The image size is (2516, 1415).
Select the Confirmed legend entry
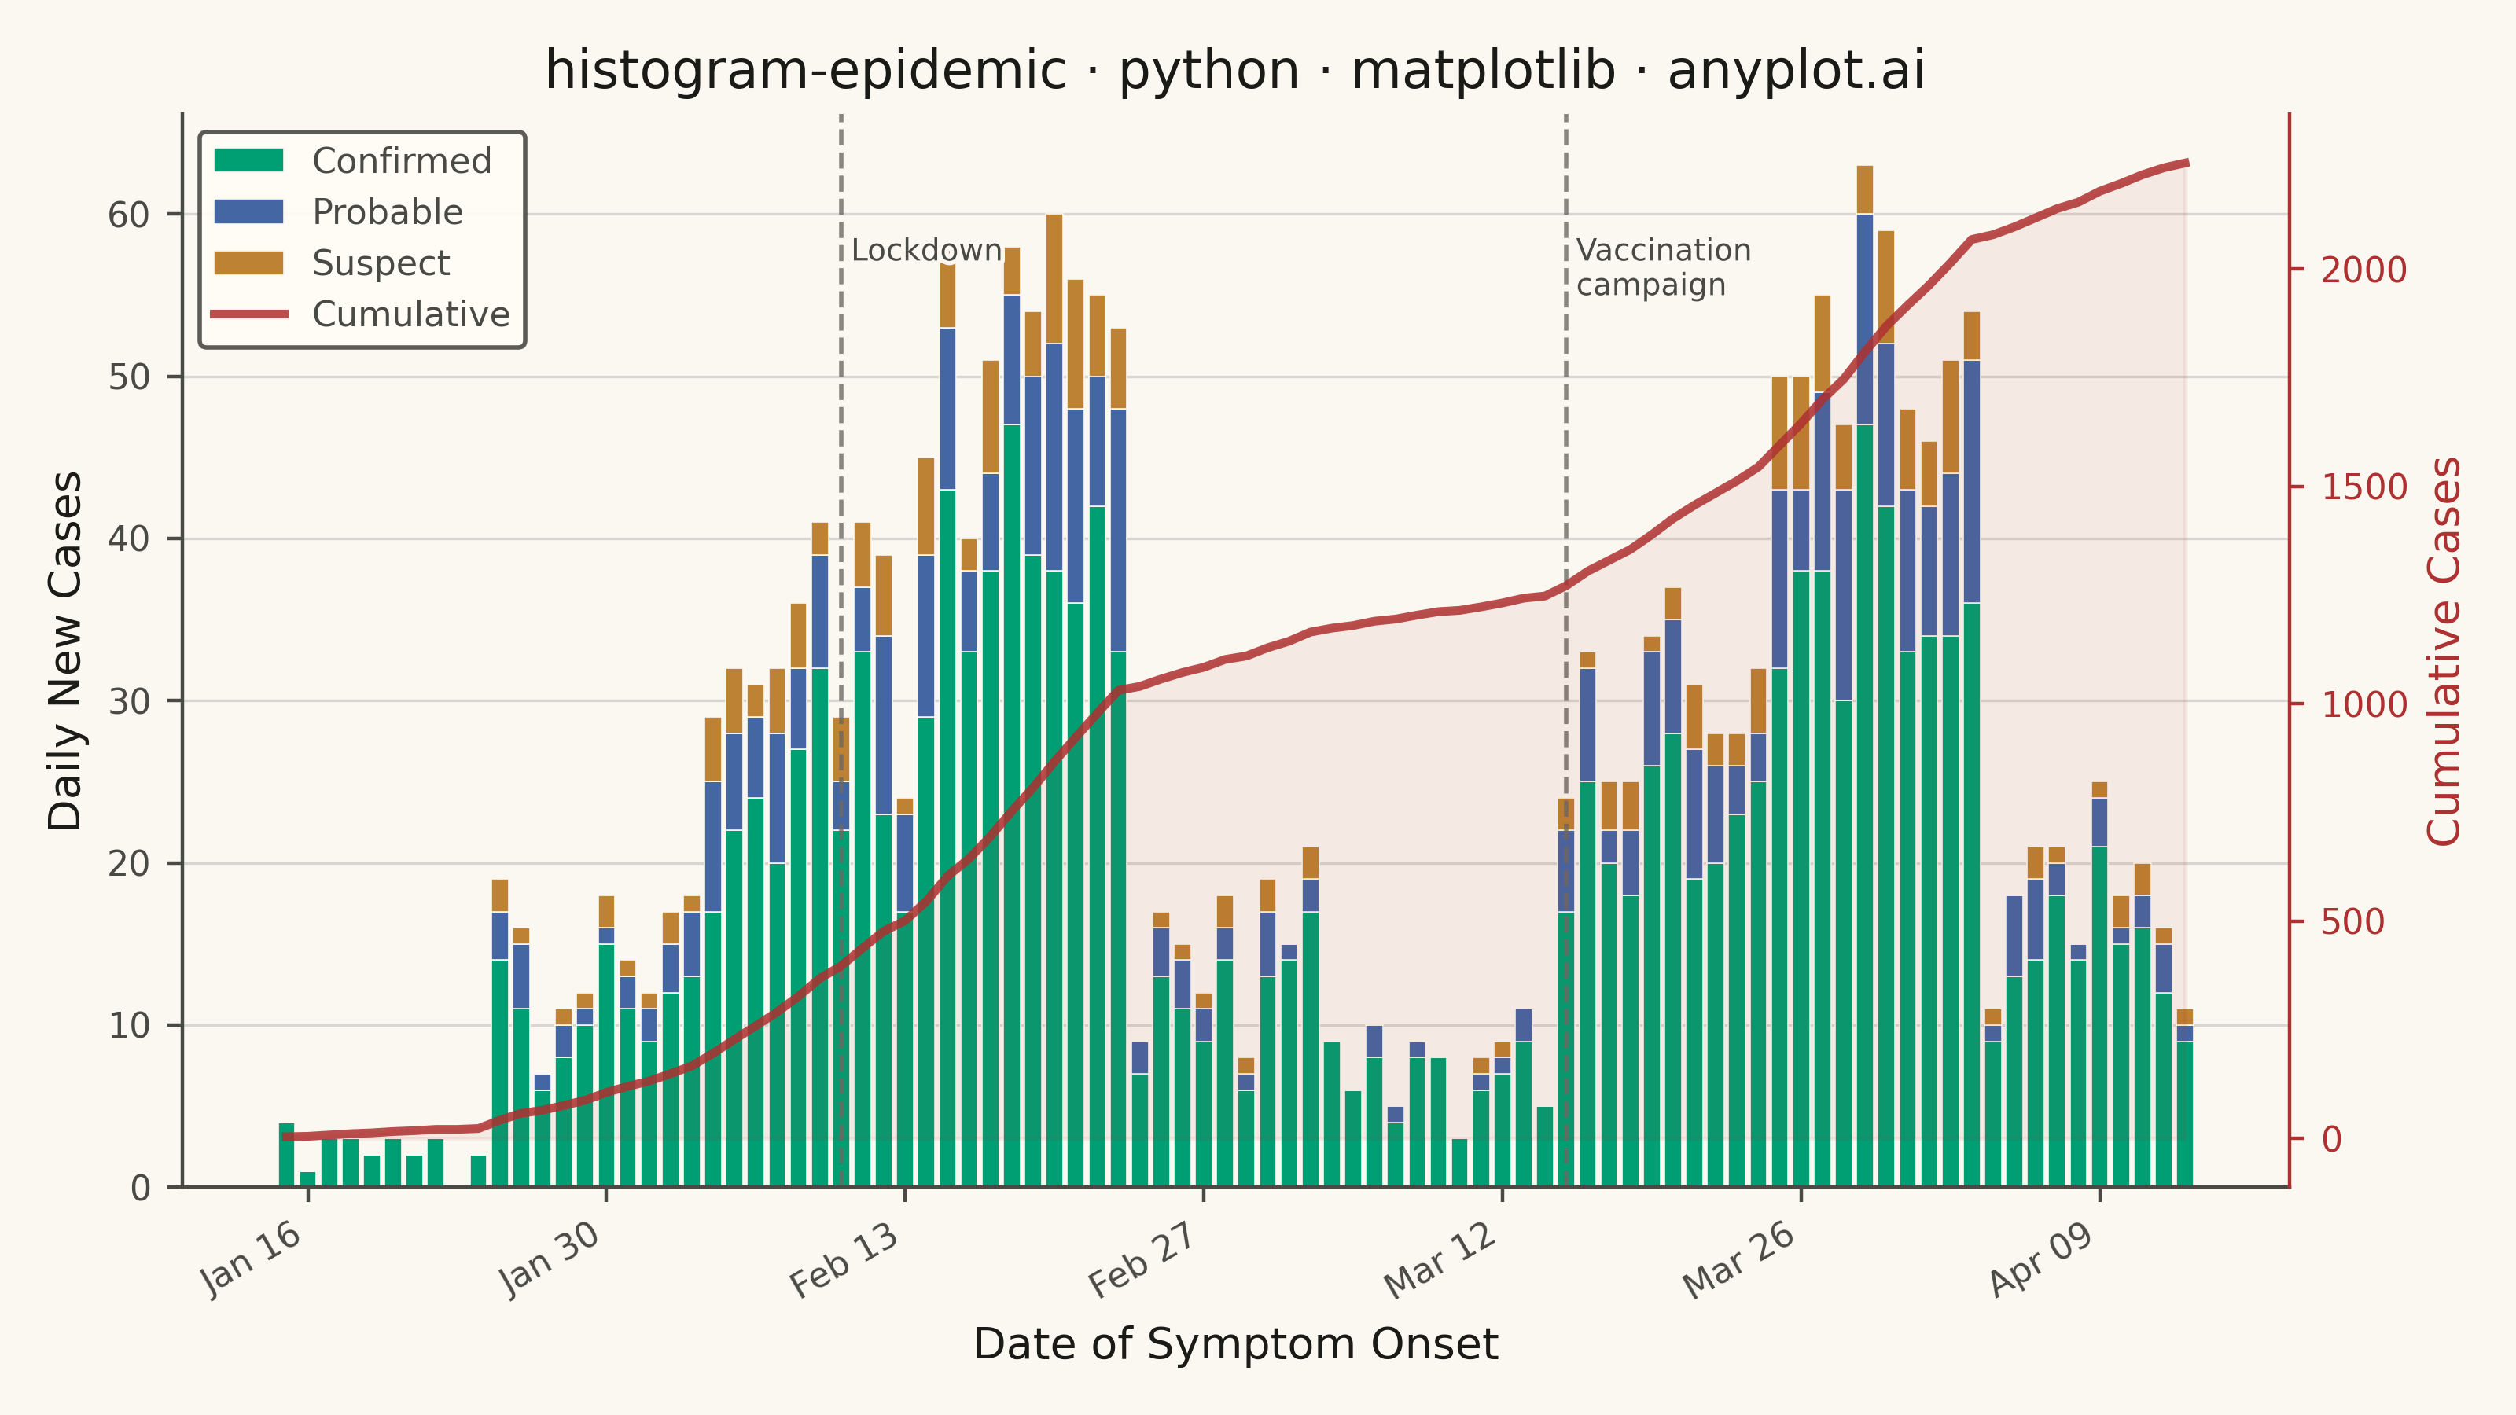point(352,161)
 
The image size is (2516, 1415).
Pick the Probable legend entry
point(338,212)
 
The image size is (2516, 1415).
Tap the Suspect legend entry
point(332,263)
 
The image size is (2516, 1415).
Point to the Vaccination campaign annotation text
point(1664,266)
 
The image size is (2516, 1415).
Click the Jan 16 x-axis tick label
point(252,1259)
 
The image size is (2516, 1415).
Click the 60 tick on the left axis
point(129,215)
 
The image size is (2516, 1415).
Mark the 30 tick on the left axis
point(129,701)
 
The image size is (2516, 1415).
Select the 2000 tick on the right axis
point(2364,270)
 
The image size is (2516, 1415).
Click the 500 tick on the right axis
point(2353,922)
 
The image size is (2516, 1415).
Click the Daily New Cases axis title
point(65,652)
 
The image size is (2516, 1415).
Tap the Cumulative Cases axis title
point(2444,652)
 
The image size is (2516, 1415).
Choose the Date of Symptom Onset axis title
point(1235,1345)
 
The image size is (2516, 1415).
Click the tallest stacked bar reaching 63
point(1864,677)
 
